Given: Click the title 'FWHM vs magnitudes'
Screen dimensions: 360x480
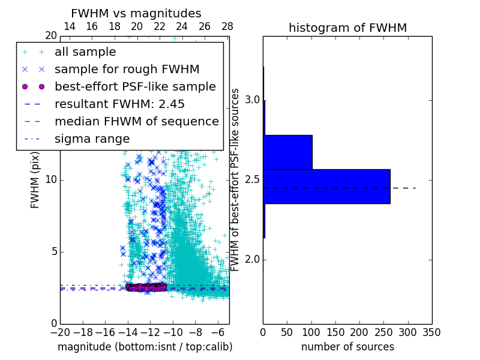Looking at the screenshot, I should [136, 14].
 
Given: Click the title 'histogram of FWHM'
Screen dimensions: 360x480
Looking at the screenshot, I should [347, 28].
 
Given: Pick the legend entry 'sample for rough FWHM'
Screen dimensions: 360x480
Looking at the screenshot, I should [127, 70].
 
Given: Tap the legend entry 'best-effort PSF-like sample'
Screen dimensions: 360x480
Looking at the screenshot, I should [135, 86].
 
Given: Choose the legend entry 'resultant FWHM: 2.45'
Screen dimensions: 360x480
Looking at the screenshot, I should [119, 104].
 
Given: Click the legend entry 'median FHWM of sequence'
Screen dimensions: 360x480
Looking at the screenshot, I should [136, 121].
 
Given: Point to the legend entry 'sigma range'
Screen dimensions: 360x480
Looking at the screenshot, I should [92, 139].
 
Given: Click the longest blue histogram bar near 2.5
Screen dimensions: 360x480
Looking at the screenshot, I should [326, 187].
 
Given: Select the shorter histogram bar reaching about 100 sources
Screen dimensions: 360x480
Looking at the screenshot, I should [287, 152].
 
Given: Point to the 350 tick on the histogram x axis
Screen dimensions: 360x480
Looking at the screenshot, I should [431, 332].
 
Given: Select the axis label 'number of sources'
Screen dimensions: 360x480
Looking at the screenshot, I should [347, 347].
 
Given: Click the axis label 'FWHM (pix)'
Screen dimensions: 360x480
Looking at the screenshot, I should [35, 179].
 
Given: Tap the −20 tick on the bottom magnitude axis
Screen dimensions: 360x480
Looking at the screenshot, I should [60, 332].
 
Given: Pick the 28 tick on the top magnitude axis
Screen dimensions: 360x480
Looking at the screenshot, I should [227, 27].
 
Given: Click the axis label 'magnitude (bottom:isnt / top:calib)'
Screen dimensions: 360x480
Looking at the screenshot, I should [145, 347].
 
